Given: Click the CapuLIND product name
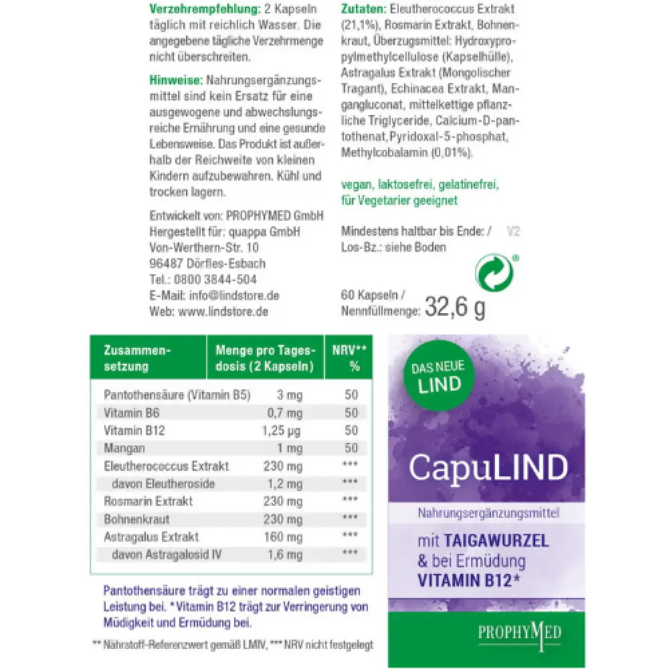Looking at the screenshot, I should coord(488,468).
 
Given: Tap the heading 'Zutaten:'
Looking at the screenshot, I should coord(363,10).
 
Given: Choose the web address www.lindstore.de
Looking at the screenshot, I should coord(221,311).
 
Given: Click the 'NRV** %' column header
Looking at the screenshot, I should coord(350,358).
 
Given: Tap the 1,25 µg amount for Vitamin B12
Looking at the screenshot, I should coord(282,430).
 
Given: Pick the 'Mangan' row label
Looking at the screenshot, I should coord(124,448).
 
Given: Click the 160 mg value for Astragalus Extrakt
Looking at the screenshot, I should coord(284,537).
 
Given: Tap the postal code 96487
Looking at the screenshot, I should coord(165,263).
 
